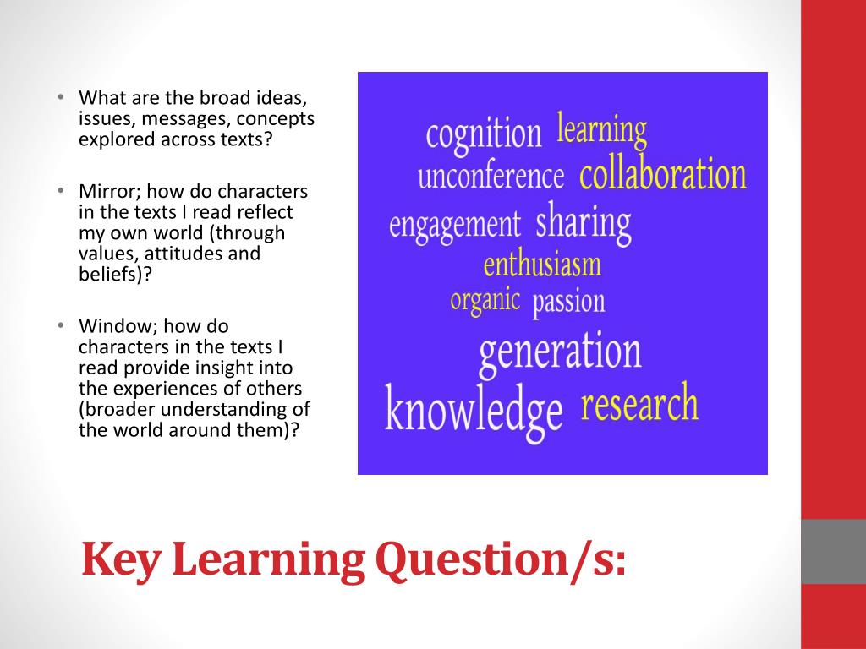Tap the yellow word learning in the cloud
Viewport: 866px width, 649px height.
pos(601,130)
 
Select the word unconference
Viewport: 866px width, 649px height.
pos(491,177)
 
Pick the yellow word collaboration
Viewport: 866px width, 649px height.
pos(663,175)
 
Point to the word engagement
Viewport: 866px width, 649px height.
pos(454,225)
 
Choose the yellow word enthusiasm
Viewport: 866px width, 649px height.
pos(542,265)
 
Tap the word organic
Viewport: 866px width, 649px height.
pos(485,300)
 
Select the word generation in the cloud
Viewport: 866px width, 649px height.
pos(560,352)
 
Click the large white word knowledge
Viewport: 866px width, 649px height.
pos(474,410)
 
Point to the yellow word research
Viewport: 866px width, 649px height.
pos(639,405)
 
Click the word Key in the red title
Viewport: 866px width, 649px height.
pos(123,559)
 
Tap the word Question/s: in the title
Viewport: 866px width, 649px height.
pos(502,559)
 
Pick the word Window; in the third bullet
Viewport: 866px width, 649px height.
pos(112,325)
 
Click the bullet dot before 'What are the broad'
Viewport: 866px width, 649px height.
pos(62,97)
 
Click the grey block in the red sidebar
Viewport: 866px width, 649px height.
pos(833,551)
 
